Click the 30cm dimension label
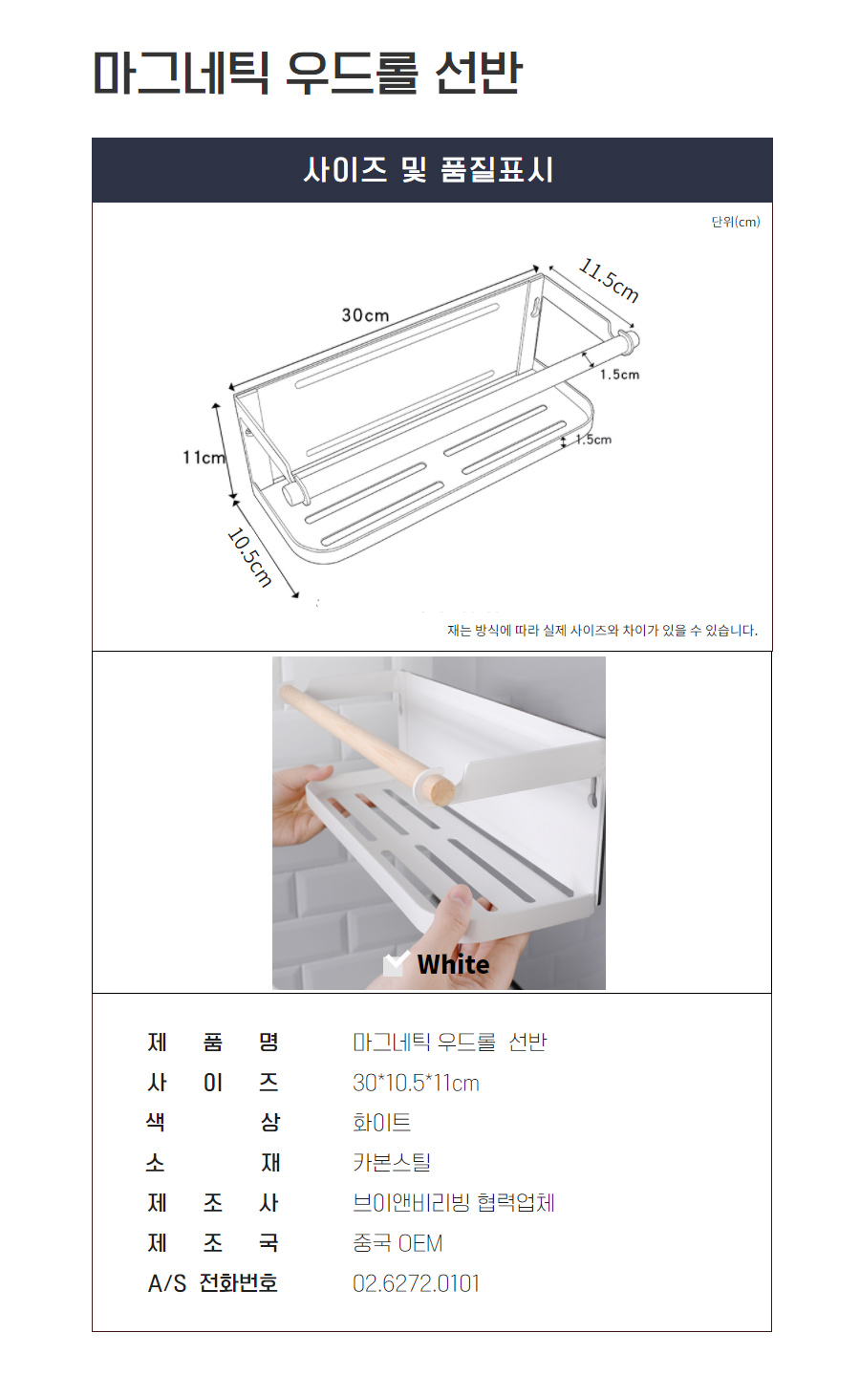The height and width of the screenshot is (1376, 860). pos(365,315)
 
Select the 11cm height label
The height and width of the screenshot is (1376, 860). pos(204,457)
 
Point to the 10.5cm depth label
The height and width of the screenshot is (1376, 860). pos(249,557)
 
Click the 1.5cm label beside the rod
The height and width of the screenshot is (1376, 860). pos(620,375)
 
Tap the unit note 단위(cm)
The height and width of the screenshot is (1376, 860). pos(736,222)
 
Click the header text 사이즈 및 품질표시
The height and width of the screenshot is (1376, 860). pos(429,170)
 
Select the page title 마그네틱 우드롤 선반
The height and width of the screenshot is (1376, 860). pos(308,73)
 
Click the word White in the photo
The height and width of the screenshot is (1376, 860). pos(453,964)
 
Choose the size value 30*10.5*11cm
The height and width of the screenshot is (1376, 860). pos(416,1083)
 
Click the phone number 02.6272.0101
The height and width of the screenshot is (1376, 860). pos(416,1283)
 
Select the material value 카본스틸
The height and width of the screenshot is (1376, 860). pos(392,1162)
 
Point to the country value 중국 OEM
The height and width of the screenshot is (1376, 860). pos(398,1243)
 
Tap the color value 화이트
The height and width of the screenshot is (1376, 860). pos(381,1122)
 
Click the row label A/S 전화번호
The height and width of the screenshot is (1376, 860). pos(212,1283)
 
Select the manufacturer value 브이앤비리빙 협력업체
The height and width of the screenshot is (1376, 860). pos(453,1203)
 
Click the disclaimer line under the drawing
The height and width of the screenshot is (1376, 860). pos(602,631)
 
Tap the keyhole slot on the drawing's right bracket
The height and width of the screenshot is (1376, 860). pos(536,307)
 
